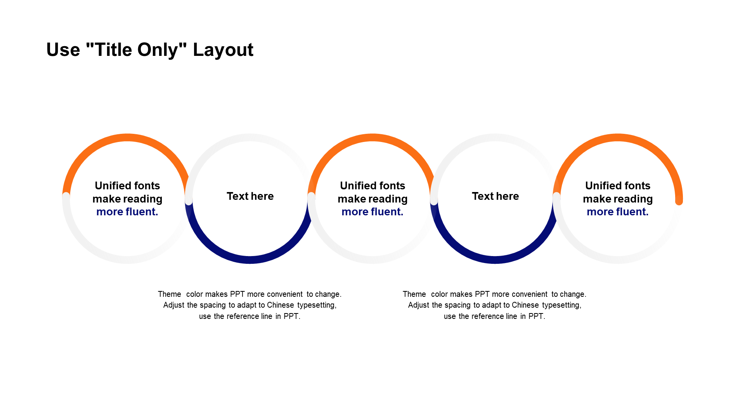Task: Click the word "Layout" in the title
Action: coord(223,50)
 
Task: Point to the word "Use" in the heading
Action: coord(63,50)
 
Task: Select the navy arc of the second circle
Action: coord(250,260)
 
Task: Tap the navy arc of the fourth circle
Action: coord(495,260)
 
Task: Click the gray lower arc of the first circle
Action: coord(127,260)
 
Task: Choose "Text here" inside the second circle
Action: coord(250,196)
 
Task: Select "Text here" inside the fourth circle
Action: coord(496,196)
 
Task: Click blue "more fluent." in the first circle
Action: coord(127,212)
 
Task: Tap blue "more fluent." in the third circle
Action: coord(372,212)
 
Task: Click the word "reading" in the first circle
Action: coord(143,199)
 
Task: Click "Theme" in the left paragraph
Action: coord(170,294)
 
